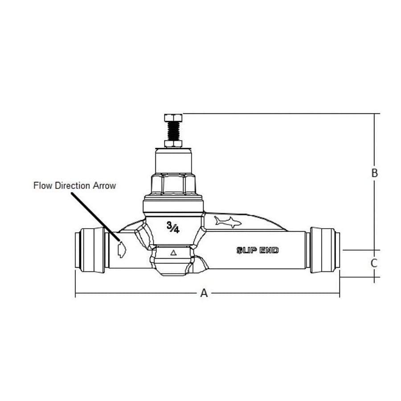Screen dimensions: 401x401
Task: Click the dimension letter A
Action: [204, 293]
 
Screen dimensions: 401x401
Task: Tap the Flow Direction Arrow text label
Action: [74, 185]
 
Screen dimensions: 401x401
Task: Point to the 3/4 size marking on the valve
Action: [173, 228]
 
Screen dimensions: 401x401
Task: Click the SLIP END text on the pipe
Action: [258, 250]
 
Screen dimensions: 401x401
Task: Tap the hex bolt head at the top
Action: [173, 118]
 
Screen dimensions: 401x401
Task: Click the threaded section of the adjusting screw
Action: [173, 131]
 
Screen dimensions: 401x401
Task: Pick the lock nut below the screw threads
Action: [173, 143]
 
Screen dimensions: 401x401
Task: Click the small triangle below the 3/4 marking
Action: [174, 253]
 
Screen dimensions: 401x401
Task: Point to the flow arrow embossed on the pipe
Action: [121, 249]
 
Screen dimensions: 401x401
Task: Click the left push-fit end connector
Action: [91, 249]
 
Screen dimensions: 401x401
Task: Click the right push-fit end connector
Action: [324, 249]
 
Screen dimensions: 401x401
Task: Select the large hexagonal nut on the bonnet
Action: [173, 184]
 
